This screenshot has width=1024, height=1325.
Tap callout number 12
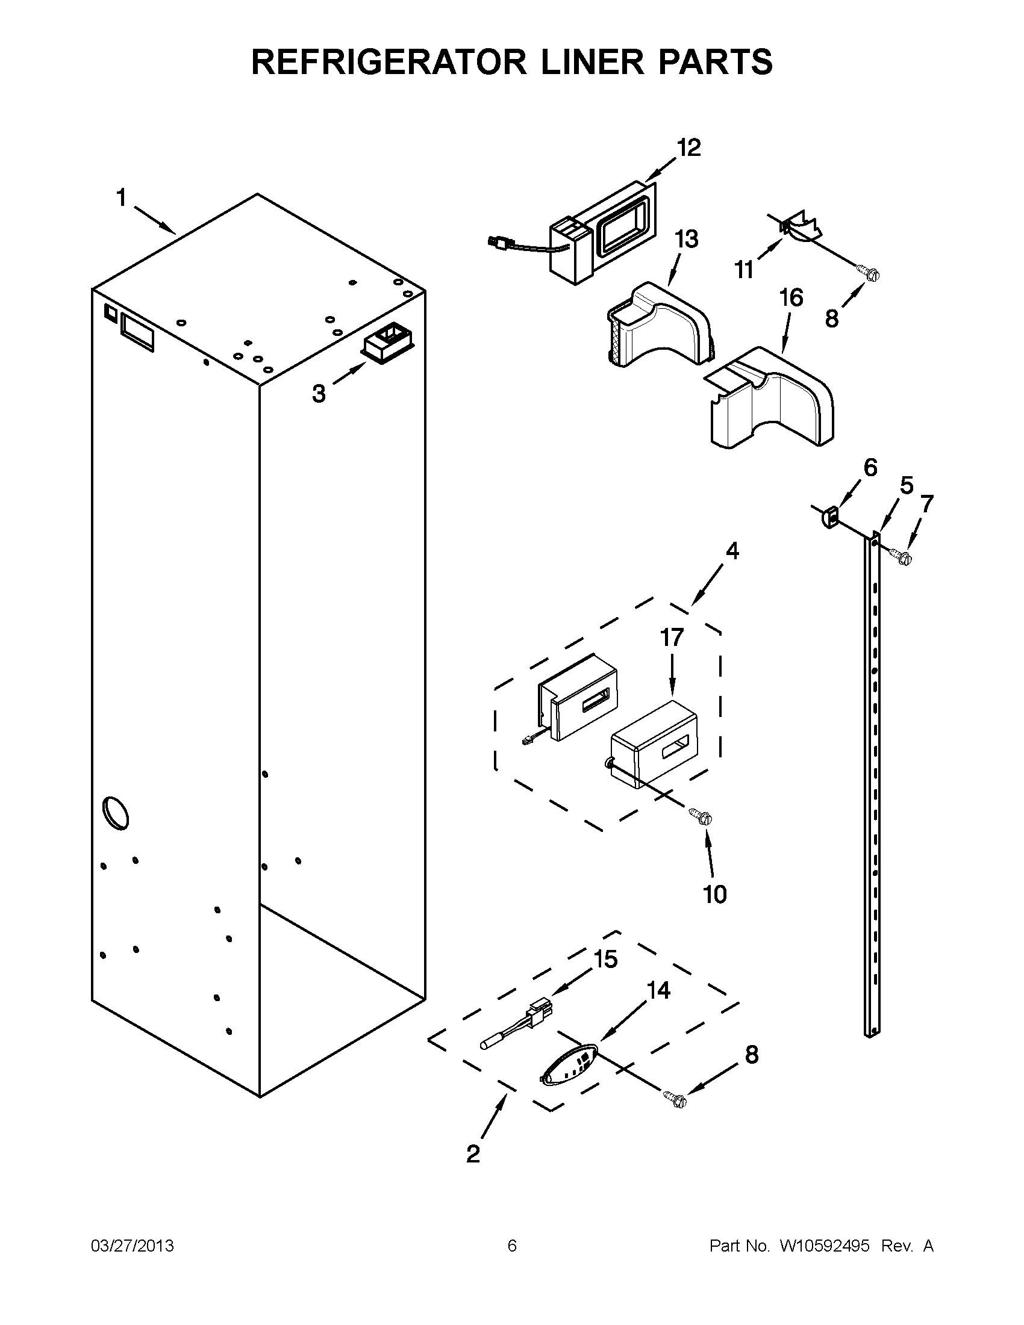pyautogui.click(x=688, y=147)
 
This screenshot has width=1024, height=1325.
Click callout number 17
pyautogui.click(x=672, y=638)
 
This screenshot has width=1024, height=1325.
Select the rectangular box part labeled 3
pyautogui.click(x=387, y=344)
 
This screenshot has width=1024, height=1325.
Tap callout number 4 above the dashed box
pyautogui.click(x=732, y=551)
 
